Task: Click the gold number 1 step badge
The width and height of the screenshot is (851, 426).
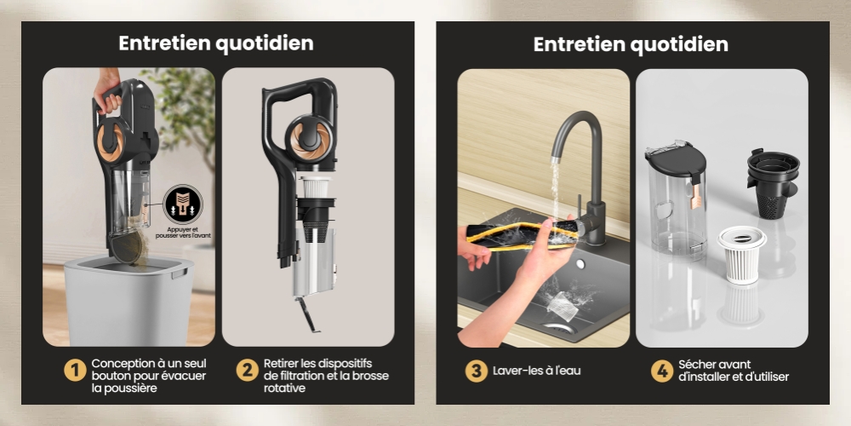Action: click(x=75, y=371)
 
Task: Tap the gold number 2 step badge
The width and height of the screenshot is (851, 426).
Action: click(x=247, y=371)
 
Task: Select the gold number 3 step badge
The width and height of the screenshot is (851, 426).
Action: click(x=476, y=371)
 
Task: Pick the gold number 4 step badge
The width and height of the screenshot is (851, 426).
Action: click(x=661, y=371)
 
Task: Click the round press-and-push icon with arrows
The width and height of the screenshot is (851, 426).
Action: click(x=183, y=204)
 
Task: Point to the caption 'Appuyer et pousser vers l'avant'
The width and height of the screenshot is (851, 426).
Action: click(x=183, y=233)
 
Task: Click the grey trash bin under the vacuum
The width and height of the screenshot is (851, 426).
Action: click(x=129, y=301)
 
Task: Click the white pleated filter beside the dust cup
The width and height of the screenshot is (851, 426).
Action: click(x=742, y=254)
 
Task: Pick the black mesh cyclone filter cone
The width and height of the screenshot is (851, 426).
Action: click(x=773, y=185)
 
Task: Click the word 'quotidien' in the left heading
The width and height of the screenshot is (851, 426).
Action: click(x=265, y=43)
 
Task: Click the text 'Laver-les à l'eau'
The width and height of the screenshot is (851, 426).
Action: click(x=537, y=371)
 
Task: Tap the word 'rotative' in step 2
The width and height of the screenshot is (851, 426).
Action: click(x=284, y=388)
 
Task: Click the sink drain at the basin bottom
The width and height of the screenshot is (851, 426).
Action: click(x=560, y=328)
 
